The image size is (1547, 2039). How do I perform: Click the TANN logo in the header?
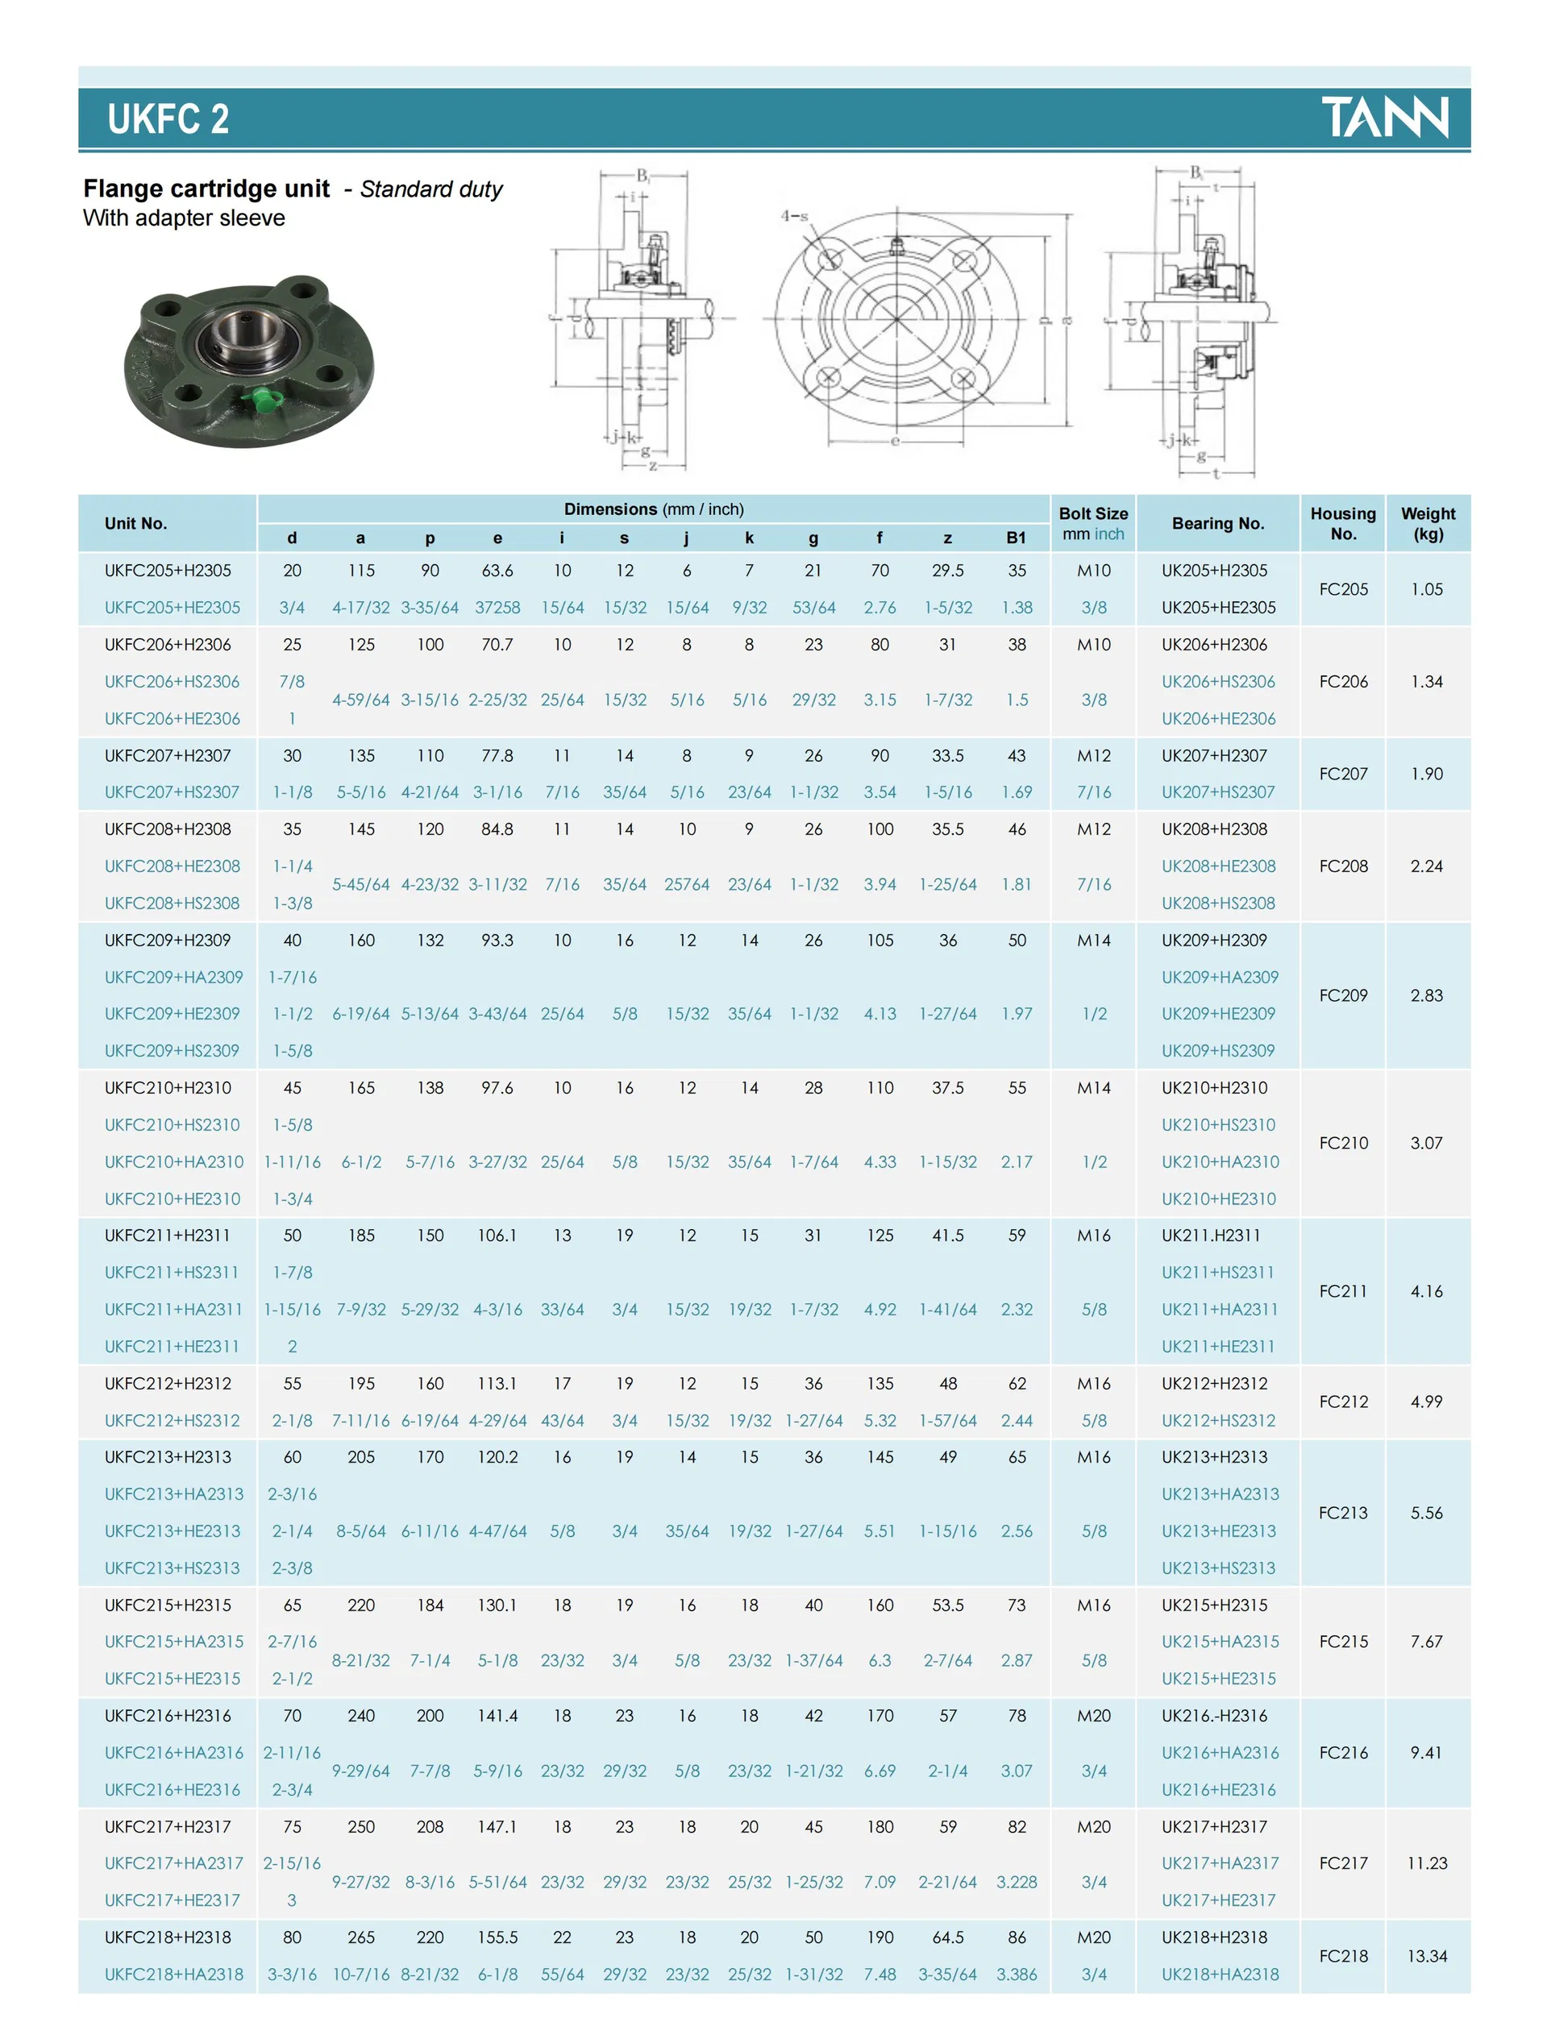(1384, 117)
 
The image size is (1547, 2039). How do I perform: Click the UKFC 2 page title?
(168, 119)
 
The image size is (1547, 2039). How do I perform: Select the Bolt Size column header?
(1092, 523)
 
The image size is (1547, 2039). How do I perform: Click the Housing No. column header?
(1342, 523)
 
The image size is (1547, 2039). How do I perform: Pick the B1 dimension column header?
(1016, 538)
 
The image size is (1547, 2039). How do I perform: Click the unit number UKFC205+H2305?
(168, 570)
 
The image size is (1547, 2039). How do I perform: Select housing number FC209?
(1342, 995)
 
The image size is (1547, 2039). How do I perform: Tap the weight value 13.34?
(1426, 1955)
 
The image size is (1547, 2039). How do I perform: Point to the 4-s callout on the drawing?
(794, 217)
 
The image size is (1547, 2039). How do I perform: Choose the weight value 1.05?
(1426, 588)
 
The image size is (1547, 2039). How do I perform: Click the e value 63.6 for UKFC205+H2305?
(497, 570)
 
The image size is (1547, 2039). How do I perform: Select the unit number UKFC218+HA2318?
(173, 1974)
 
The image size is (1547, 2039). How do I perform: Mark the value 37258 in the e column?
(497, 607)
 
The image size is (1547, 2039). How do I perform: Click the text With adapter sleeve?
(184, 218)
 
